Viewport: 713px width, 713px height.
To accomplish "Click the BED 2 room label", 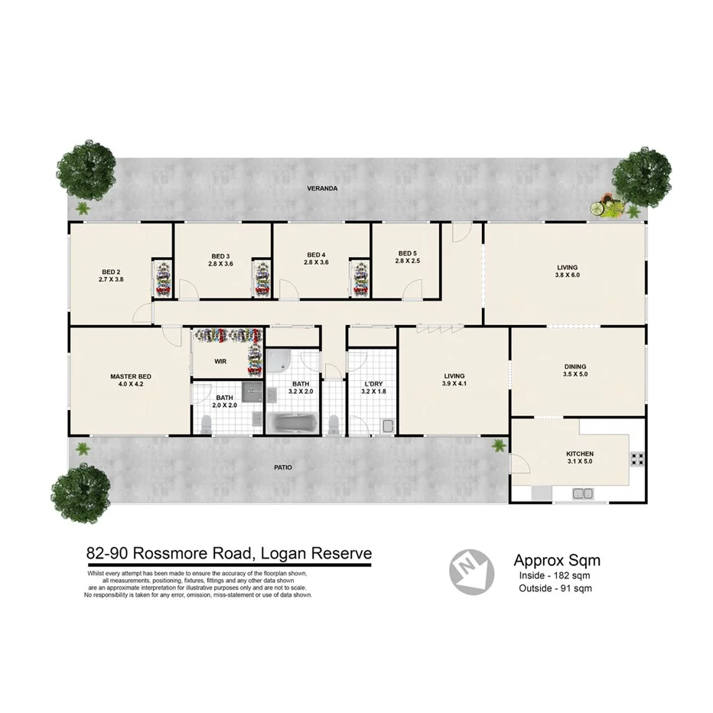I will tap(112, 271).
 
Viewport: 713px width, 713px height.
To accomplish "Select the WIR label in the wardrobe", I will tap(220, 360).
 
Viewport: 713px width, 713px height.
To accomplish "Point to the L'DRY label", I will tap(373, 384).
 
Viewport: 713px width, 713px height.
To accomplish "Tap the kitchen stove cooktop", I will tap(636, 460).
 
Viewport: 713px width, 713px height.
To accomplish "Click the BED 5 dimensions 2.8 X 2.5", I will tap(408, 262).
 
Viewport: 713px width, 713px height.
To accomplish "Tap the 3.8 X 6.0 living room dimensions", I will tap(567, 275).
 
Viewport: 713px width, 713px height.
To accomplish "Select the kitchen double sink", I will tap(581, 494).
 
